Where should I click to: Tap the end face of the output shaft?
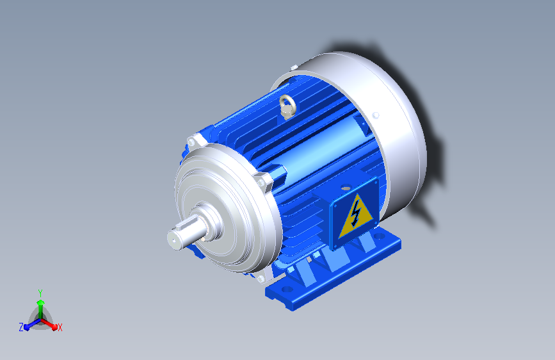[173, 240]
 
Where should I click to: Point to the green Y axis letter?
[40, 293]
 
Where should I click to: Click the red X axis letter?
[60, 328]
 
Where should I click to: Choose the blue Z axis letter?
[21, 327]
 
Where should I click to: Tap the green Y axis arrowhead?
[41, 303]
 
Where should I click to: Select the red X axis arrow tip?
[54, 326]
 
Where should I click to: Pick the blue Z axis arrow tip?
[27, 327]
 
